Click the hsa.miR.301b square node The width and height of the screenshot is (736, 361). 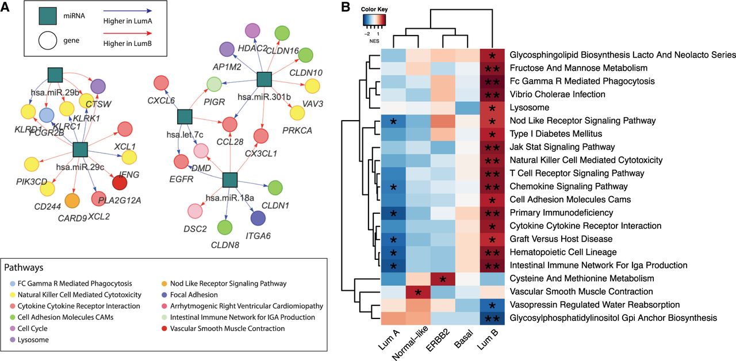click(x=263, y=80)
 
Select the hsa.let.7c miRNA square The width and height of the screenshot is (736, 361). click(x=184, y=117)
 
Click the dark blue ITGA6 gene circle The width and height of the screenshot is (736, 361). click(x=258, y=218)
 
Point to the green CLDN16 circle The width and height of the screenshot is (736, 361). click(x=281, y=34)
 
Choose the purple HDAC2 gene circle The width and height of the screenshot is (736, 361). click(x=252, y=32)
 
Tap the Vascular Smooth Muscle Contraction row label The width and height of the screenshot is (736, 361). click(x=581, y=291)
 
